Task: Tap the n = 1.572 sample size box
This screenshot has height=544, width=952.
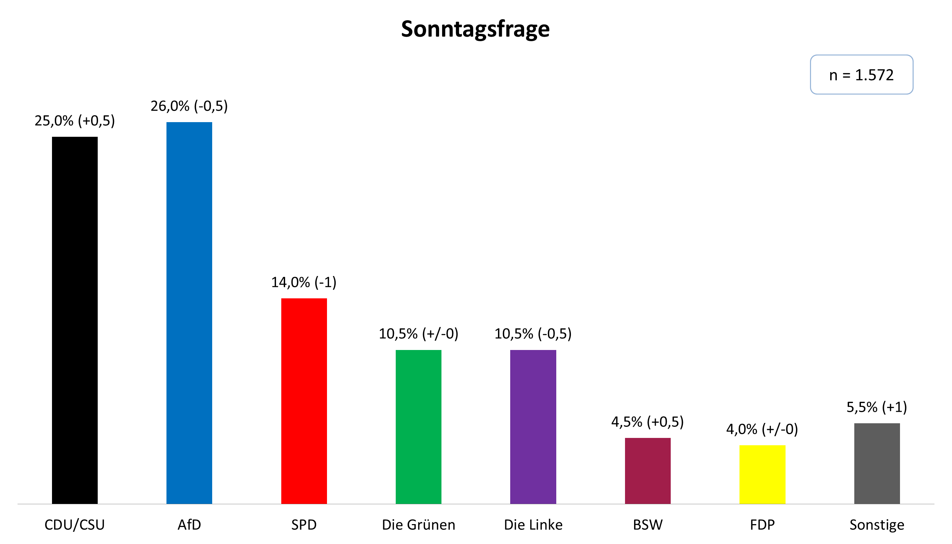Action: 861,75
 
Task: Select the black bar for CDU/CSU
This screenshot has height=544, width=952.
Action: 75,320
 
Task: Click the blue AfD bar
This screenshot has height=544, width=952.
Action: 189,313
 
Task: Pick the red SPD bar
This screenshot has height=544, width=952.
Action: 304,401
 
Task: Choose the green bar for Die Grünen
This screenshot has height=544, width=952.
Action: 418,427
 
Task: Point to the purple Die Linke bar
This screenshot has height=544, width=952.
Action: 533,427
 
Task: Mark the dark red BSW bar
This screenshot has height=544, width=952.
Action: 647,471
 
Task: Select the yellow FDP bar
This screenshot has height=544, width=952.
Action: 762,475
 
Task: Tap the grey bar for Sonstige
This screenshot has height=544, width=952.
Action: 877,463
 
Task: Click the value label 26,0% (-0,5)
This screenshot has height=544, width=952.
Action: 189,106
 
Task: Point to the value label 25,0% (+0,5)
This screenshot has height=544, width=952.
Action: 75,121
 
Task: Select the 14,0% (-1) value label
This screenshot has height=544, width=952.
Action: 304,282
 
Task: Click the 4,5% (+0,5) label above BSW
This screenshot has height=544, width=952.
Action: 647,422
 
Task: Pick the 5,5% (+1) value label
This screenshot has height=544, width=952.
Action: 877,407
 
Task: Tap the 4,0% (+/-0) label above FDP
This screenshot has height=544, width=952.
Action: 762,429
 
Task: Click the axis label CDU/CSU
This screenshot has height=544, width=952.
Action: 75,525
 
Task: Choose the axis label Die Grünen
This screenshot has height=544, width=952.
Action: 418,525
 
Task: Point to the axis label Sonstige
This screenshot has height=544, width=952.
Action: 877,525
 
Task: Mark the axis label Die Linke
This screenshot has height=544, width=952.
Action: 533,525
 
